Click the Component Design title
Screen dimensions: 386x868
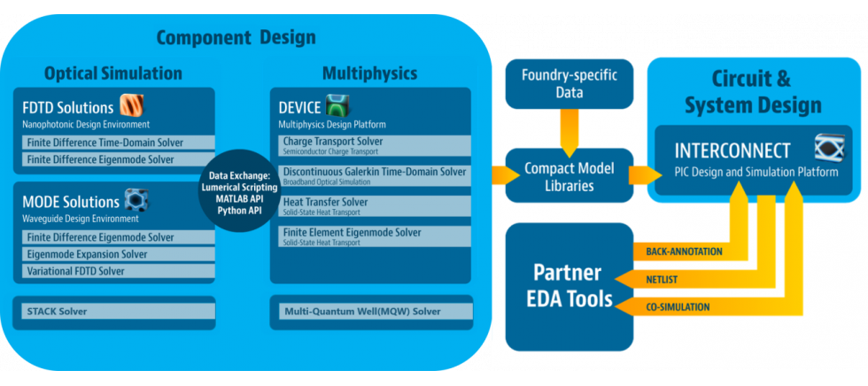tap(236, 37)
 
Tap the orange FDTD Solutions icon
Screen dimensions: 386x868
tap(133, 106)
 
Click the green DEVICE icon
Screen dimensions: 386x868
tap(339, 107)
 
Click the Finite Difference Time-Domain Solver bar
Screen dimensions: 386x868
tap(114, 143)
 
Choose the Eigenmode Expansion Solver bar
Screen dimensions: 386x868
tap(114, 254)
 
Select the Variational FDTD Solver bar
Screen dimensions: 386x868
tap(114, 271)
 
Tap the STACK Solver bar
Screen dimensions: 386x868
tap(114, 312)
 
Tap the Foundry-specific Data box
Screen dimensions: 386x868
tap(570, 83)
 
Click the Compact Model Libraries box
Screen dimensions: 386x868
tap(570, 175)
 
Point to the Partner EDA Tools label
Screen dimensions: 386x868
tap(567, 285)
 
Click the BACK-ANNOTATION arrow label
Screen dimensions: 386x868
tap(678, 251)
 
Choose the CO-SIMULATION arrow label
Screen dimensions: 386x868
tap(678, 306)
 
